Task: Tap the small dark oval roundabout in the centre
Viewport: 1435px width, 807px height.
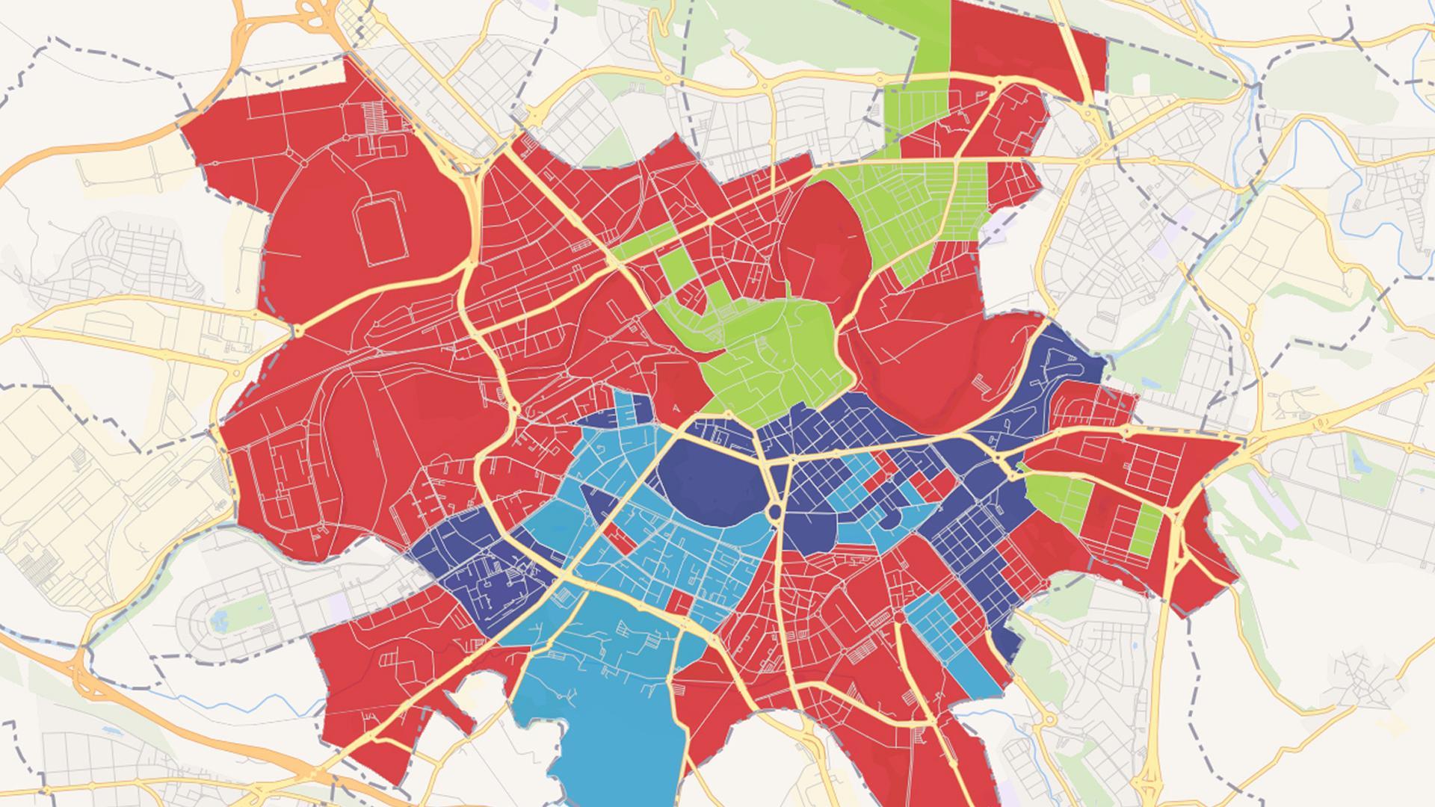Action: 775,512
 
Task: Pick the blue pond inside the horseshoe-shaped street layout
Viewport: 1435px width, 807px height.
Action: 219,619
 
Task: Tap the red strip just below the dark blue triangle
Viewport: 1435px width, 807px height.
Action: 617,534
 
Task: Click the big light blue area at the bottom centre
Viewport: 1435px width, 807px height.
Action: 598,695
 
